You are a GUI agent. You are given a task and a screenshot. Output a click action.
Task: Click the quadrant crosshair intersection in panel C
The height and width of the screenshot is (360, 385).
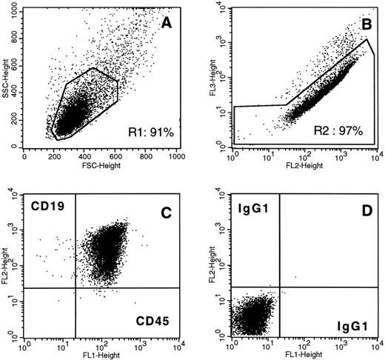point(76,287)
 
